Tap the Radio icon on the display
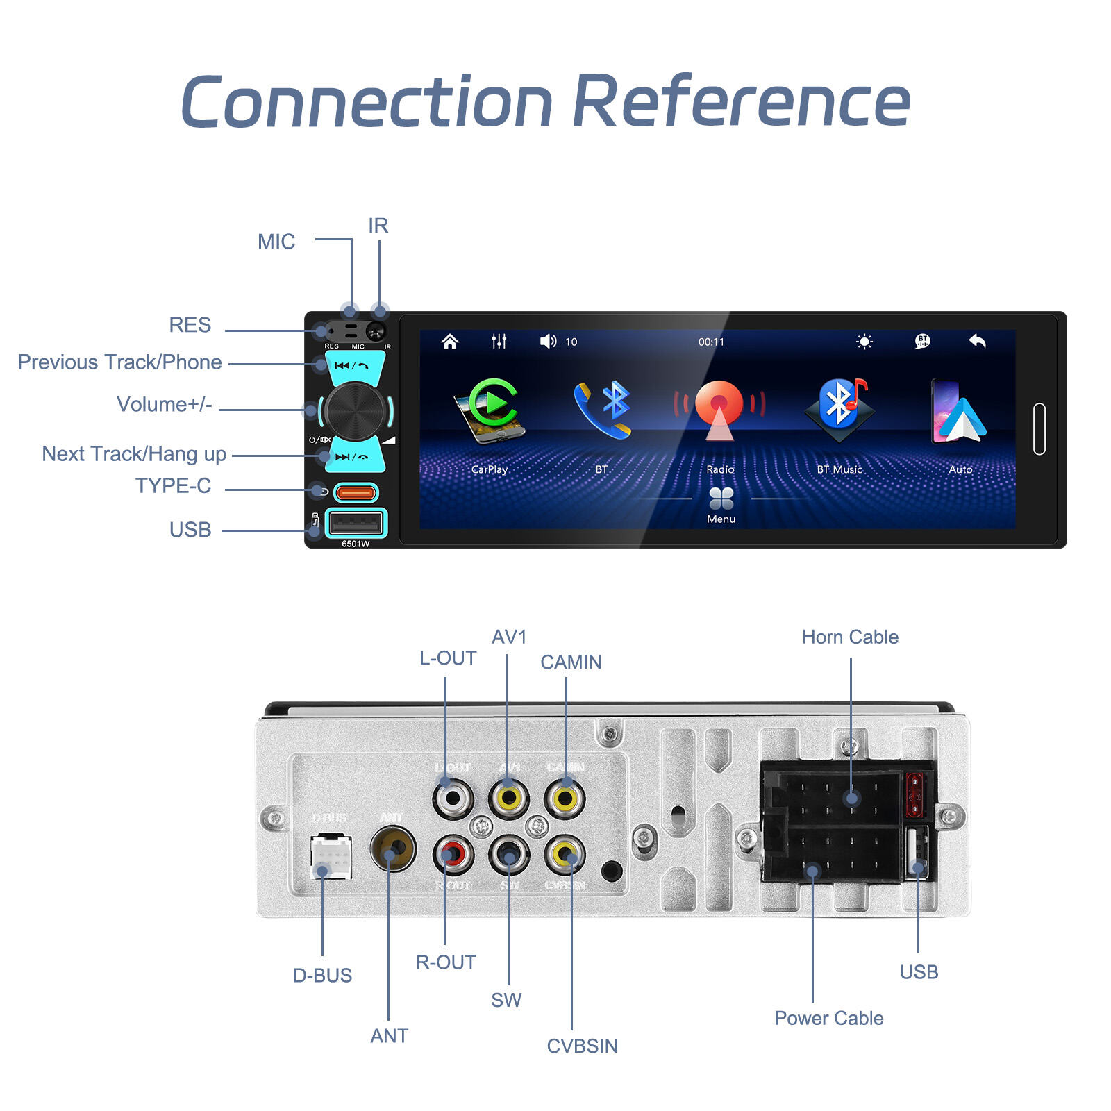[719, 409]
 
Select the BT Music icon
[839, 409]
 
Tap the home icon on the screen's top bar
[450, 341]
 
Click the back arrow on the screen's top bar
[977, 341]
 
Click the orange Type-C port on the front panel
[356, 493]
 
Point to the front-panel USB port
[356, 523]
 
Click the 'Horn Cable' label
[850, 637]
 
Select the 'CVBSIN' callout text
[582, 1046]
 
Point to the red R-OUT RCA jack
[453, 853]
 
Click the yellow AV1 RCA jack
[509, 799]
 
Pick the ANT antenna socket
[393, 849]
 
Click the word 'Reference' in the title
[742, 102]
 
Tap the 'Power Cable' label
[828, 1018]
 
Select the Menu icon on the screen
[721, 499]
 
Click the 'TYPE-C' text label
[173, 485]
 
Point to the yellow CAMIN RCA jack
[565, 799]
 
